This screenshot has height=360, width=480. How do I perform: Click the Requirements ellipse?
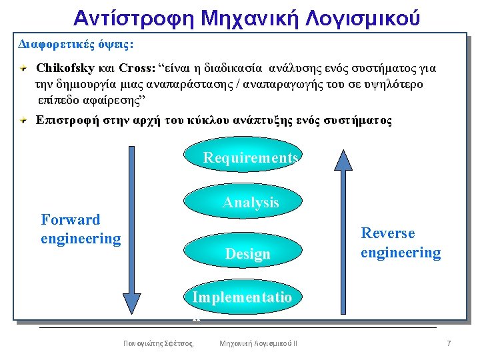click(x=243, y=154)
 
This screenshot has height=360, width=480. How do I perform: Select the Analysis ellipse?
click(x=243, y=201)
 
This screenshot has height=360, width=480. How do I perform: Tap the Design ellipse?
click(x=243, y=251)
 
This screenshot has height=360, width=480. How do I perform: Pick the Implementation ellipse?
click(x=243, y=297)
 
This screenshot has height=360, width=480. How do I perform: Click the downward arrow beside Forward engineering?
click(x=131, y=230)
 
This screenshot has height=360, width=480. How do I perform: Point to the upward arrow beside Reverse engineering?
click(x=343, y=232)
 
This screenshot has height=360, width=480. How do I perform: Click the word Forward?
click(x=71, y=219)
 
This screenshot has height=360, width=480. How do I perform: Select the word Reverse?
click(x=388, y=233)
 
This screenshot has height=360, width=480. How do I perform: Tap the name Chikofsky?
click(x=65, y=68)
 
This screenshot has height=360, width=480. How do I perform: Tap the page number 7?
click(x=449, y=343)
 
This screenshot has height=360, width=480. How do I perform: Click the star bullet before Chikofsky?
click(x=23, y=68)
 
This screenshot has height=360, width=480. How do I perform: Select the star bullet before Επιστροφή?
click(x=23, y=120)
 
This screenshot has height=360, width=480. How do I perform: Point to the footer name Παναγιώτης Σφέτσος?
click(x=158, y=343)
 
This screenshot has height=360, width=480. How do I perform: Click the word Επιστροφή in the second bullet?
click(x=67, y=120)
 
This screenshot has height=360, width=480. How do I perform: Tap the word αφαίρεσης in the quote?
click(x=112, y=101)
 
